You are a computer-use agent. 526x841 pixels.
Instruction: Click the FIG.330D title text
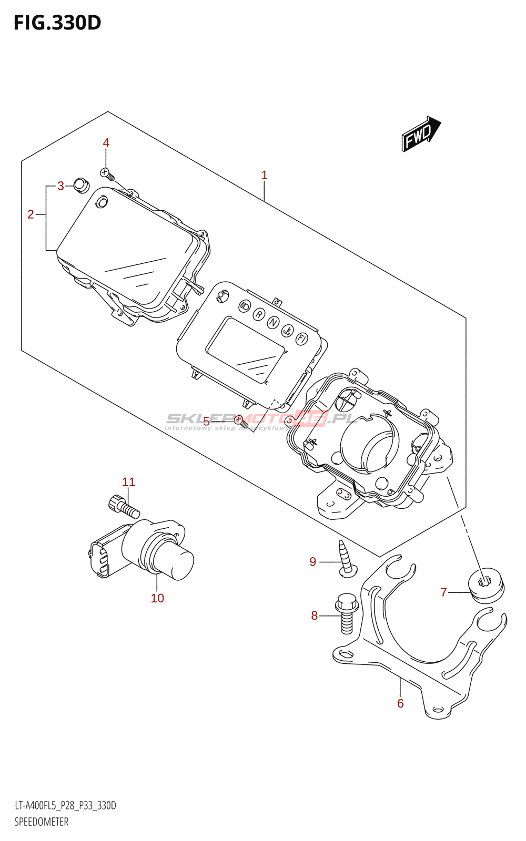(57, 23)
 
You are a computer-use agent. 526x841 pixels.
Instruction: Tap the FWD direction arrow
(420, 135)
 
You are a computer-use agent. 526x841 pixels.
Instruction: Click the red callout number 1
(265, 175)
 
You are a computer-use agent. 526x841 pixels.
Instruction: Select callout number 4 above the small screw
(106, 143)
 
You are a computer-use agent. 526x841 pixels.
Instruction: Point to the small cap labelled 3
(81, 185)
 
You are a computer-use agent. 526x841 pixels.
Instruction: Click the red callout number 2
(31, 214)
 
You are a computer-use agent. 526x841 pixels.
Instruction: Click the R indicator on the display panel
(258, 314)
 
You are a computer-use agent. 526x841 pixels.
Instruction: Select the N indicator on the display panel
(272, 322)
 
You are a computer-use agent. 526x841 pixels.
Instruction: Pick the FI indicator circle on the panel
(301, 339)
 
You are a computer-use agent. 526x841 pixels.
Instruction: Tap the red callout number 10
(157, 598)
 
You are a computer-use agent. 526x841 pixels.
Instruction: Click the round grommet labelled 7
(485, 584)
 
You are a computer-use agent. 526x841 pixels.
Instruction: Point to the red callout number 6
(400, 703)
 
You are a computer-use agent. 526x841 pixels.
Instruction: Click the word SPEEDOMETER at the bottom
(41, 822)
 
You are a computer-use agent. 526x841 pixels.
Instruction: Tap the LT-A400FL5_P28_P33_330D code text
(65, 806)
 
